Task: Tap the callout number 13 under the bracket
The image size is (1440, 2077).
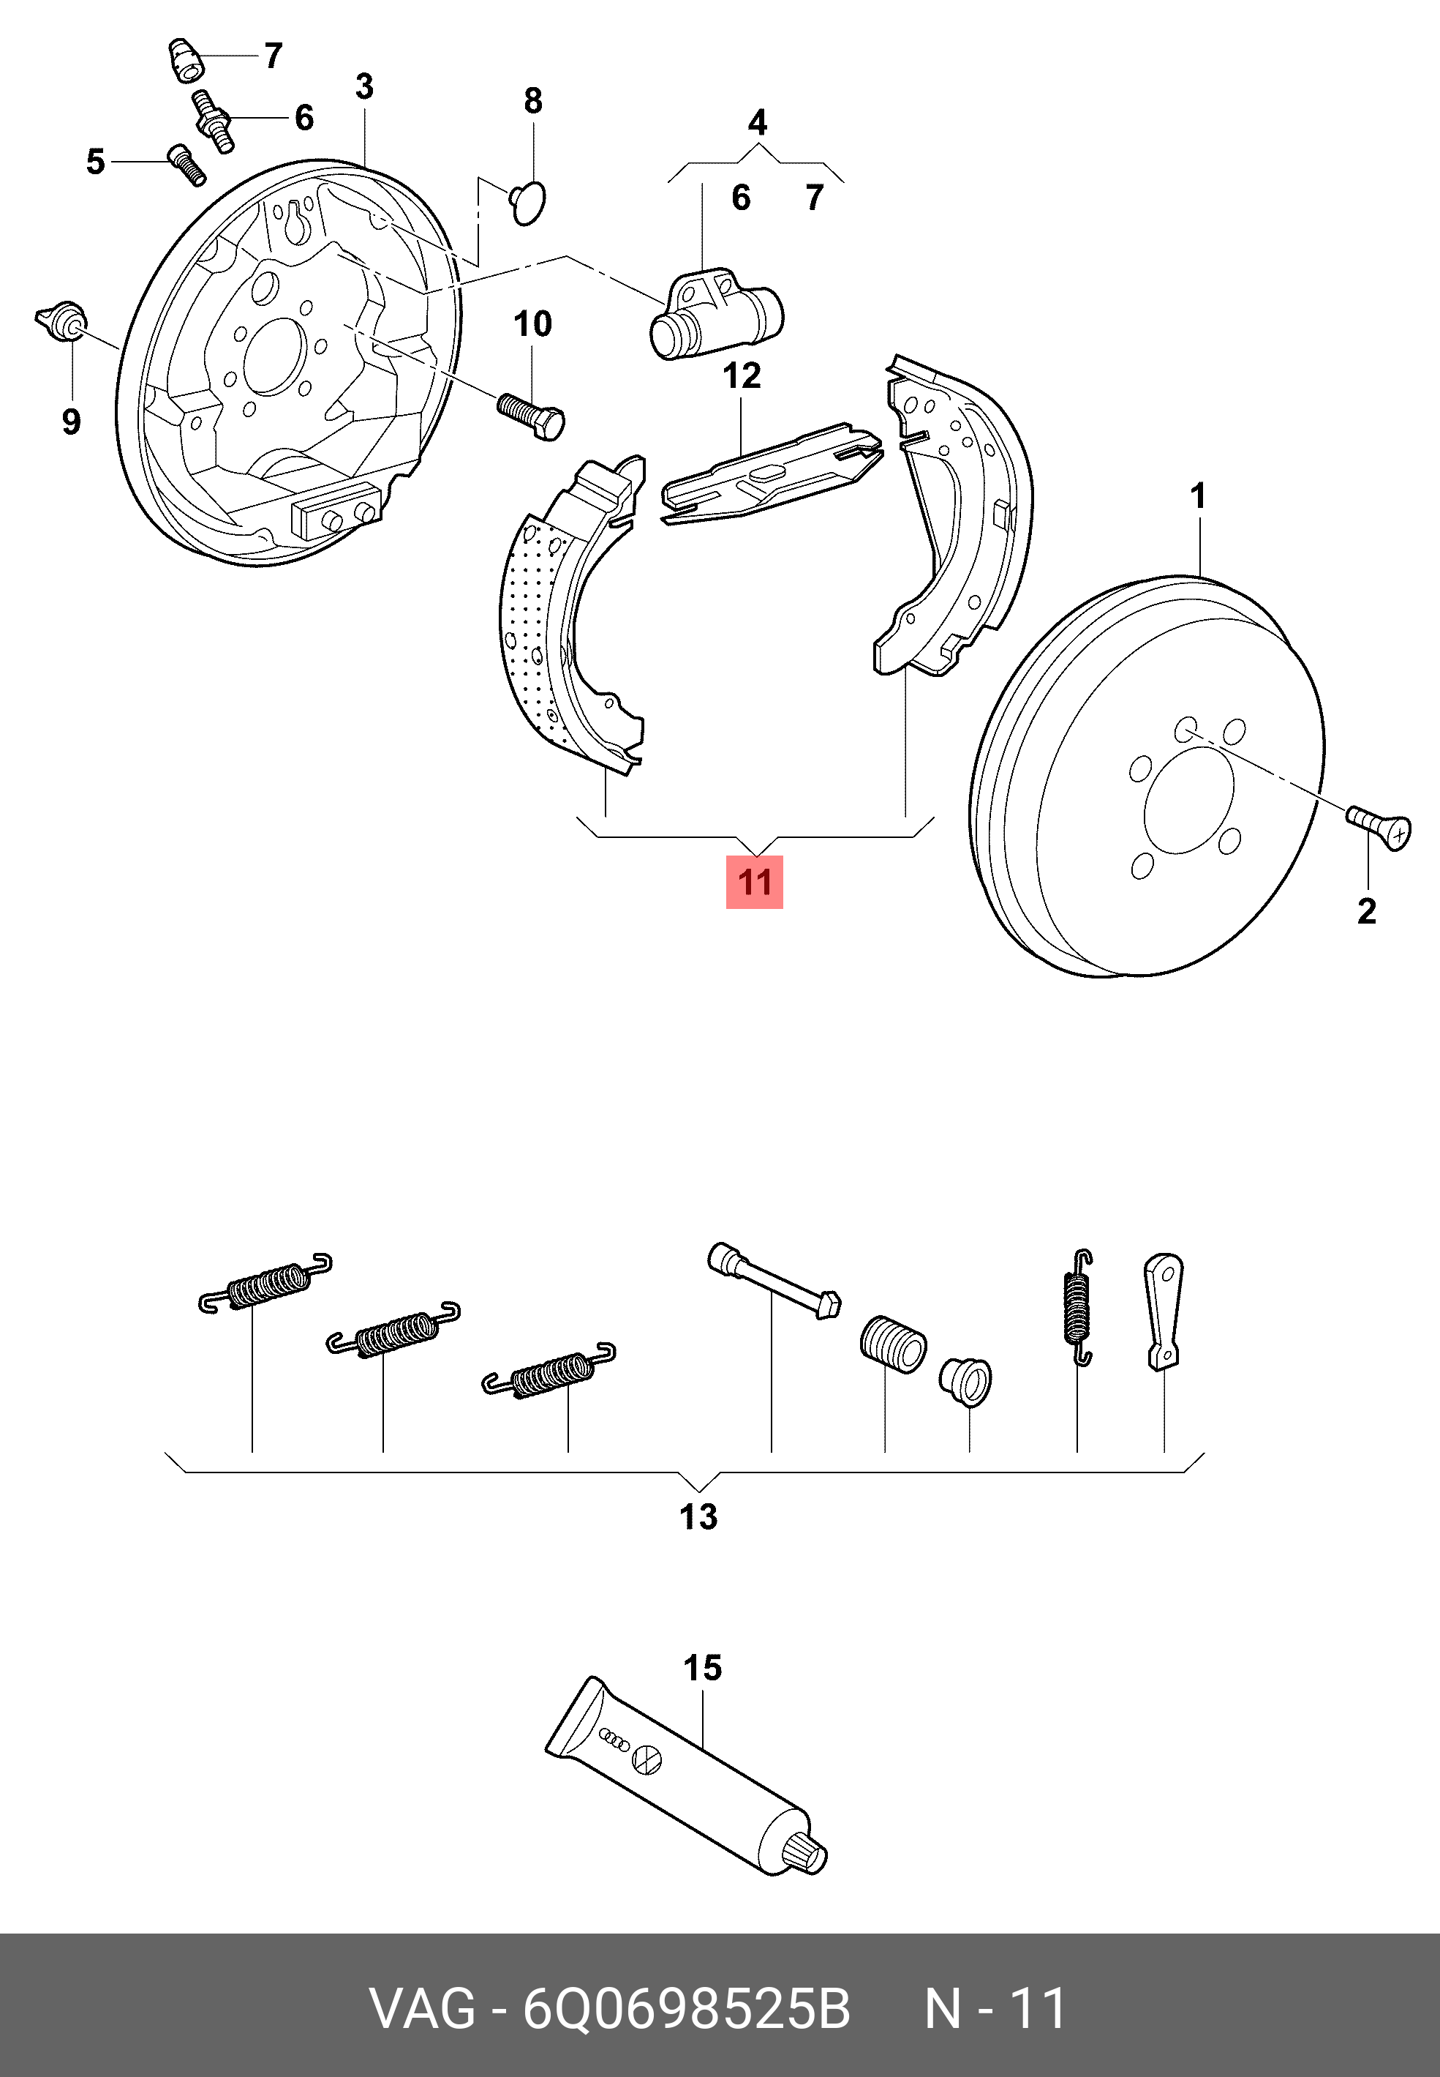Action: click(698, 1516)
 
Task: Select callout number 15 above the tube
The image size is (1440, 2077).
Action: click(702, 1667)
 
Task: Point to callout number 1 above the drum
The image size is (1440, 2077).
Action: click(1198, 495)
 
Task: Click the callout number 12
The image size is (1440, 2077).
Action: click(742, 375)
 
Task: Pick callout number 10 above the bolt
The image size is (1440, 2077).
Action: click(532, 323)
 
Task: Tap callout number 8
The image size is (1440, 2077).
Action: click(533, 100)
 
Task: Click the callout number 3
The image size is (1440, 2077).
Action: click(364, 86)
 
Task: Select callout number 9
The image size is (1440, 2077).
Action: click(71, 421)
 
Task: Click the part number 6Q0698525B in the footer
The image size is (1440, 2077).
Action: click(687, 2009)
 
